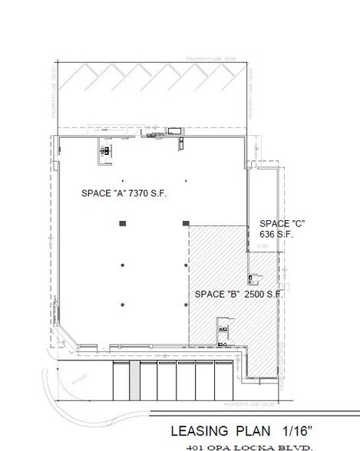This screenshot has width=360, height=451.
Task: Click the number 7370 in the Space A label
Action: [x=140, y=193]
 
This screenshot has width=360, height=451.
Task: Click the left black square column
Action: [x=122, y=223]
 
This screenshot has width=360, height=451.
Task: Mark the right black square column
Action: [x=185, y=223]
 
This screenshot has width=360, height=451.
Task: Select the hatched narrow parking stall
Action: [x=134, y=381]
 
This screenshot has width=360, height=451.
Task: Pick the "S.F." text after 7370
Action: [x=161, y=193]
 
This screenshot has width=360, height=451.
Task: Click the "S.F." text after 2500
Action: [x=274, y=294]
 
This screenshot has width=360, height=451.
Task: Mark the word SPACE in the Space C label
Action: [x=273, y=223]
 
